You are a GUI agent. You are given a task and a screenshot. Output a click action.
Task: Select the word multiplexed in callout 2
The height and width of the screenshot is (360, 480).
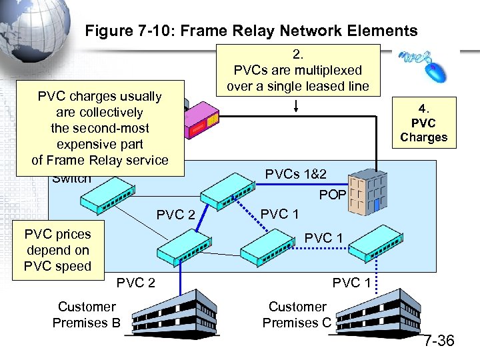[329, 70]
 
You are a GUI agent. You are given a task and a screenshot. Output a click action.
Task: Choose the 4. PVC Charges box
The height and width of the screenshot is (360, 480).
[423, 123]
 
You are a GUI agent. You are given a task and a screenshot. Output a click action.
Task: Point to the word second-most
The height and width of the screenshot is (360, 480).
[100, 128]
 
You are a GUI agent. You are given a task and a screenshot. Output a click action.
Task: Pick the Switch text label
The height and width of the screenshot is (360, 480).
[71, 179]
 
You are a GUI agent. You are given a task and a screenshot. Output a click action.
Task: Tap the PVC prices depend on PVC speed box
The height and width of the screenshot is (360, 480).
[57, 251]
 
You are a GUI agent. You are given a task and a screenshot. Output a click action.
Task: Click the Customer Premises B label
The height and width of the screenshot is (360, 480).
[86, 315]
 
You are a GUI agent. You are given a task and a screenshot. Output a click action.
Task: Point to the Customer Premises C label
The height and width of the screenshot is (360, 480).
[297, 315]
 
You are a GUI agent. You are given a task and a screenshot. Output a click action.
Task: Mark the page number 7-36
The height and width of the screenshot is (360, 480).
[439, 341]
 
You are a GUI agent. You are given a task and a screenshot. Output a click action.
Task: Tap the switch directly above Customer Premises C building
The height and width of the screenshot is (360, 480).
[375, 249]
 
